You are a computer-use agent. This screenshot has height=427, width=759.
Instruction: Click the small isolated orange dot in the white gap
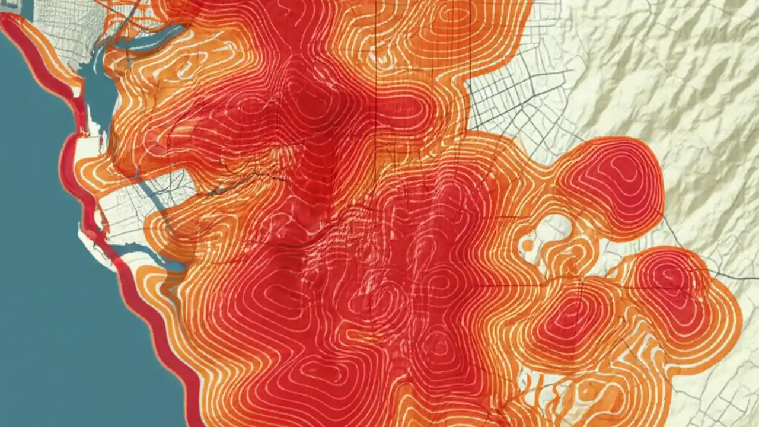tap(527, 244)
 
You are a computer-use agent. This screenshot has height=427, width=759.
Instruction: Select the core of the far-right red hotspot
tap(670, 279)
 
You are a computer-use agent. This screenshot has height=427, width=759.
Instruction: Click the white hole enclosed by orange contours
tap(554, 228)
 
